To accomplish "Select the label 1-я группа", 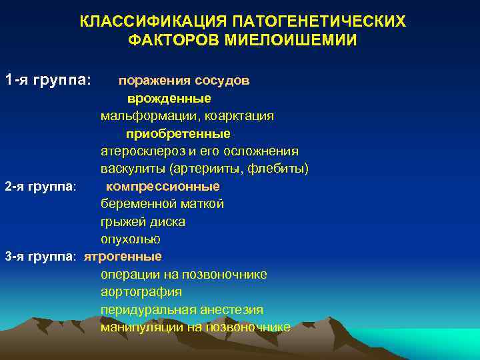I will [47, 81].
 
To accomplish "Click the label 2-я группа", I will [41, 186].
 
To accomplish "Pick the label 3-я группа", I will [41, 256].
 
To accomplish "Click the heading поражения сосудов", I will [184, 81].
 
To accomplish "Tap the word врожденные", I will [169, 99].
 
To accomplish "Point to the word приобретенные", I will [178, 133].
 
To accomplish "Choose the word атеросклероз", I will [141, 151].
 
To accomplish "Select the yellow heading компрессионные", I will [163, 186].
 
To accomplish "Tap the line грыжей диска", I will [143, 221].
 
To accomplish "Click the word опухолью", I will [131, 239].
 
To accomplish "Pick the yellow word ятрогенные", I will [123, 256].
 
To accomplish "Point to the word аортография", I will [141, 292].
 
